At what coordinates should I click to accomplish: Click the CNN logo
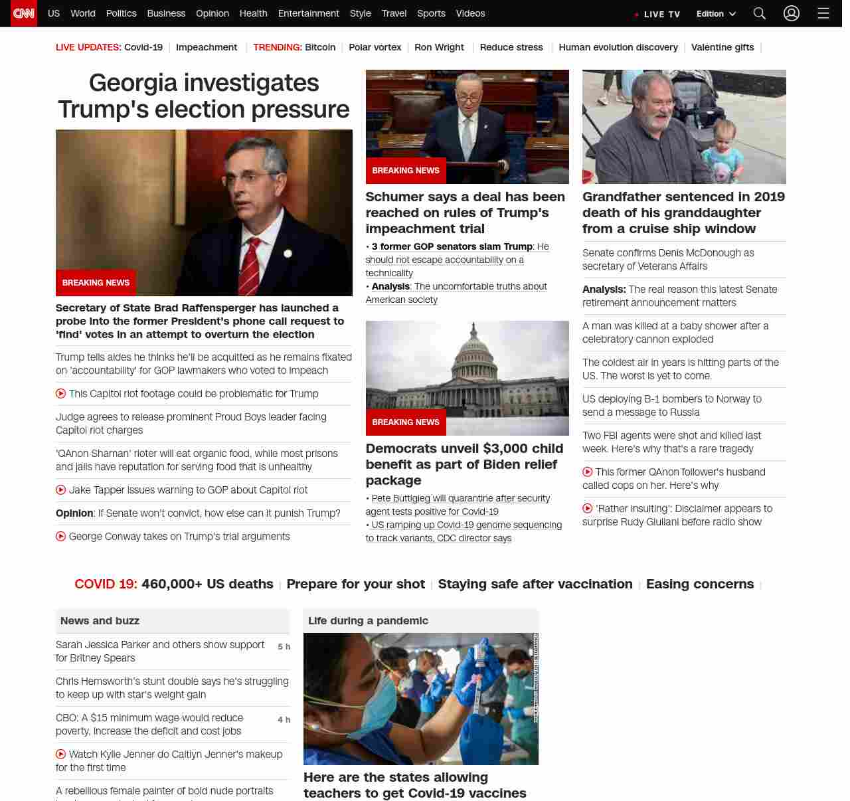coord(24,13)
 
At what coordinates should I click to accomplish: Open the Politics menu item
coord(121,13)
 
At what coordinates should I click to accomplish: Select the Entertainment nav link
coord(308,13)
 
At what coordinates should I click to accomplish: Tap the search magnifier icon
coord(760,13)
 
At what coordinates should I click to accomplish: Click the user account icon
coord(792,13)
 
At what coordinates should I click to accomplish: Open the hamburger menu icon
coord(823,13)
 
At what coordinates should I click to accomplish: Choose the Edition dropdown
coord(716,14)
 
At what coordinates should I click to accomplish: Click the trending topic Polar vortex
coord(375,47)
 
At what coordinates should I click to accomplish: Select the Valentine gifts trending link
coord(722,47)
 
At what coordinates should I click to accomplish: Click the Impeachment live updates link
coord(207,47)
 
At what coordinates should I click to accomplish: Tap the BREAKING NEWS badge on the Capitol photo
coord(406,422)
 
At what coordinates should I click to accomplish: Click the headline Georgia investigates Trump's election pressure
coord(204,96)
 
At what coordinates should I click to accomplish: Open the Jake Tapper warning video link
coord(188,490)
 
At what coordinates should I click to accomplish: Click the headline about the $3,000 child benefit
coord(464,464)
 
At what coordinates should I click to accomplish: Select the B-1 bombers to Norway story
coord(671,405)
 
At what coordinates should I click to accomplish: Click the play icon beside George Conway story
coord(60,537)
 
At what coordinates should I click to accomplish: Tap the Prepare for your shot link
coord(355,584)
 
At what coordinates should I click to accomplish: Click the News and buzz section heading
coord(100,621)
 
